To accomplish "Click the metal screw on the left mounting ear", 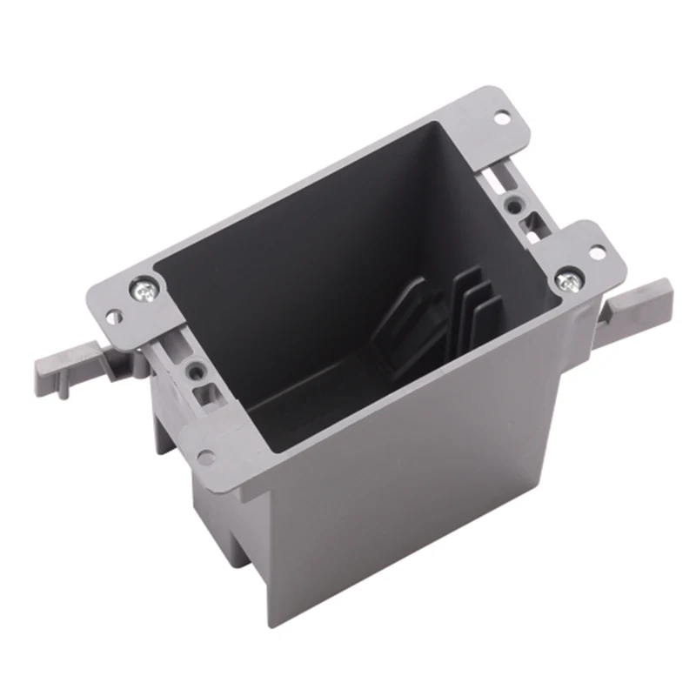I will click(x=144, y=289).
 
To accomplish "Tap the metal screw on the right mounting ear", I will click(x=567, y=281).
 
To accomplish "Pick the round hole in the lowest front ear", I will click(x=206, y=454).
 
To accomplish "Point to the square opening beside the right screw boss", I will click(x=528, y=228).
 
